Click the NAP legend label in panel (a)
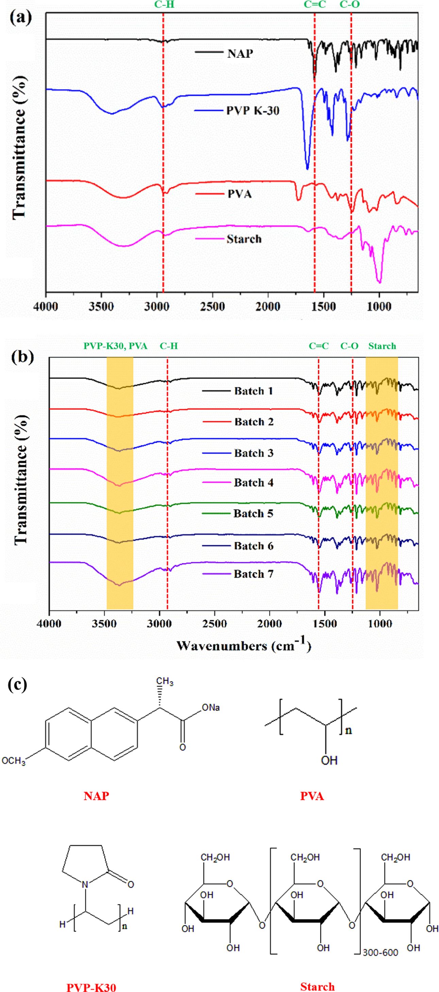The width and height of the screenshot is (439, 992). click(x=240, y=53)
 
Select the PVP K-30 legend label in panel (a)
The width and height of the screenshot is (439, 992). click(x=252, y=111)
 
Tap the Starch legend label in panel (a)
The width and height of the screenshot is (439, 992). click(x=244, y=239)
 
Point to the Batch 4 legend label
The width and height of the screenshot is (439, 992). click(x=254, y=482)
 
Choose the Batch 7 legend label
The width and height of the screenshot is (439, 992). click(x=254, y=574)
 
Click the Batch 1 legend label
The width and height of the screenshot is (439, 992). click(x=254, y=391)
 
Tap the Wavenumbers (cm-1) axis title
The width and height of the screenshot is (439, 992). click(x=243, y=645)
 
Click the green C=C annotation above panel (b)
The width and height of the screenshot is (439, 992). click(x=319, y=346)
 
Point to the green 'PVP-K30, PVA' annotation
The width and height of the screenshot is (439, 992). click(x=115, y=346)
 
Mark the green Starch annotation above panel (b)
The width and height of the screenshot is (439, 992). click(x=382, y=346)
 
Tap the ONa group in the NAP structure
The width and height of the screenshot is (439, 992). click(x=210, y=708)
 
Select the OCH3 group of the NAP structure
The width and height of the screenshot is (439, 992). click(x=14, y=761)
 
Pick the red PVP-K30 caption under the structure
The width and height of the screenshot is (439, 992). click(x=91, y=987)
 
